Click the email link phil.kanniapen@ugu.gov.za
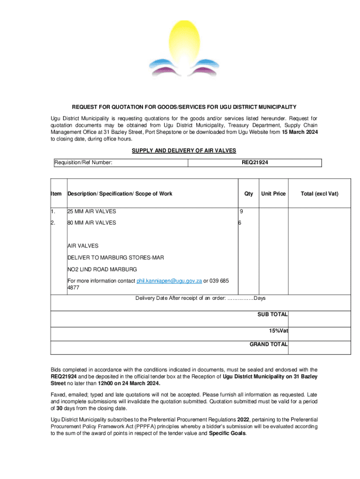(169, 281)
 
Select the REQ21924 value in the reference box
(255, 162)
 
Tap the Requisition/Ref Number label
(83, 162)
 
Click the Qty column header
(248, 194)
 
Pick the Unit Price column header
(273, 194)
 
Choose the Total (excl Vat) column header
(319, 194)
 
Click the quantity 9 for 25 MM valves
(241, 211)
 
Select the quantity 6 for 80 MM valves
(240, 223)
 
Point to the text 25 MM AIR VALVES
(92, 211)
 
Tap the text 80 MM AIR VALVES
(92, 223)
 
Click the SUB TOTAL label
(272, 314)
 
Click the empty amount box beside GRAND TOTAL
(319, 347)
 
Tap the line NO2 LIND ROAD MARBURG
(102, 269)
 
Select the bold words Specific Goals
(227, 433)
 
